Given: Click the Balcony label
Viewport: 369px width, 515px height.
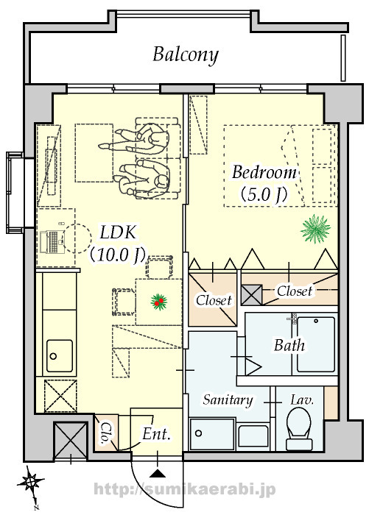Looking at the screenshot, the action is tap(186, 55).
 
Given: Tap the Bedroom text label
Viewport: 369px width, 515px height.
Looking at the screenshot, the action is tap(264, 173).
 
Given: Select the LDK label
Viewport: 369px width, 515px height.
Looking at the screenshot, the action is tap(117, 232).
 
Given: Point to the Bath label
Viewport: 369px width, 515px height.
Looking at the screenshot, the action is tap(289, 345).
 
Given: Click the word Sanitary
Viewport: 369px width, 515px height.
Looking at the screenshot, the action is tap(228, 399).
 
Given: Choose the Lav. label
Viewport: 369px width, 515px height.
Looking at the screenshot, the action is tap(301, 400).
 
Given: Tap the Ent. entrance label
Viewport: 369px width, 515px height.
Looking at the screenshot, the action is tap(157, 434).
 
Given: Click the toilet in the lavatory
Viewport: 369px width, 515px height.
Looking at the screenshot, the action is tap(299, 428).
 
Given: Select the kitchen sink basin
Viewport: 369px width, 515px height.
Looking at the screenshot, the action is tap(60, 356).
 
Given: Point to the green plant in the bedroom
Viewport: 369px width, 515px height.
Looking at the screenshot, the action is tap(315, 229).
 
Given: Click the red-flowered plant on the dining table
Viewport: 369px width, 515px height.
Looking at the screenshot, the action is tap(159, 302).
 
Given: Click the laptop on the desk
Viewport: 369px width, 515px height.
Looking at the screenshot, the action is tap(49, 242).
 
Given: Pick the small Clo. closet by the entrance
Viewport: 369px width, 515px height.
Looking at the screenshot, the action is tap(106, 433).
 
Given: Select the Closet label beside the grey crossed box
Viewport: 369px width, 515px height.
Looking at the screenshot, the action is tap(295, 291).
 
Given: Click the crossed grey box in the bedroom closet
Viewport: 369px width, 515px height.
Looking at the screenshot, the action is tap(252, 295).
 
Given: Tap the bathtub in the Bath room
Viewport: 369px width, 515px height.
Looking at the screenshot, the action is tap(316, 344).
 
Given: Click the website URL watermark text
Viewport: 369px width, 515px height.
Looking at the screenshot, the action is tap(184, 490).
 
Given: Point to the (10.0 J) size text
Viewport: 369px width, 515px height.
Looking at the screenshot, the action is tap(117, 255).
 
